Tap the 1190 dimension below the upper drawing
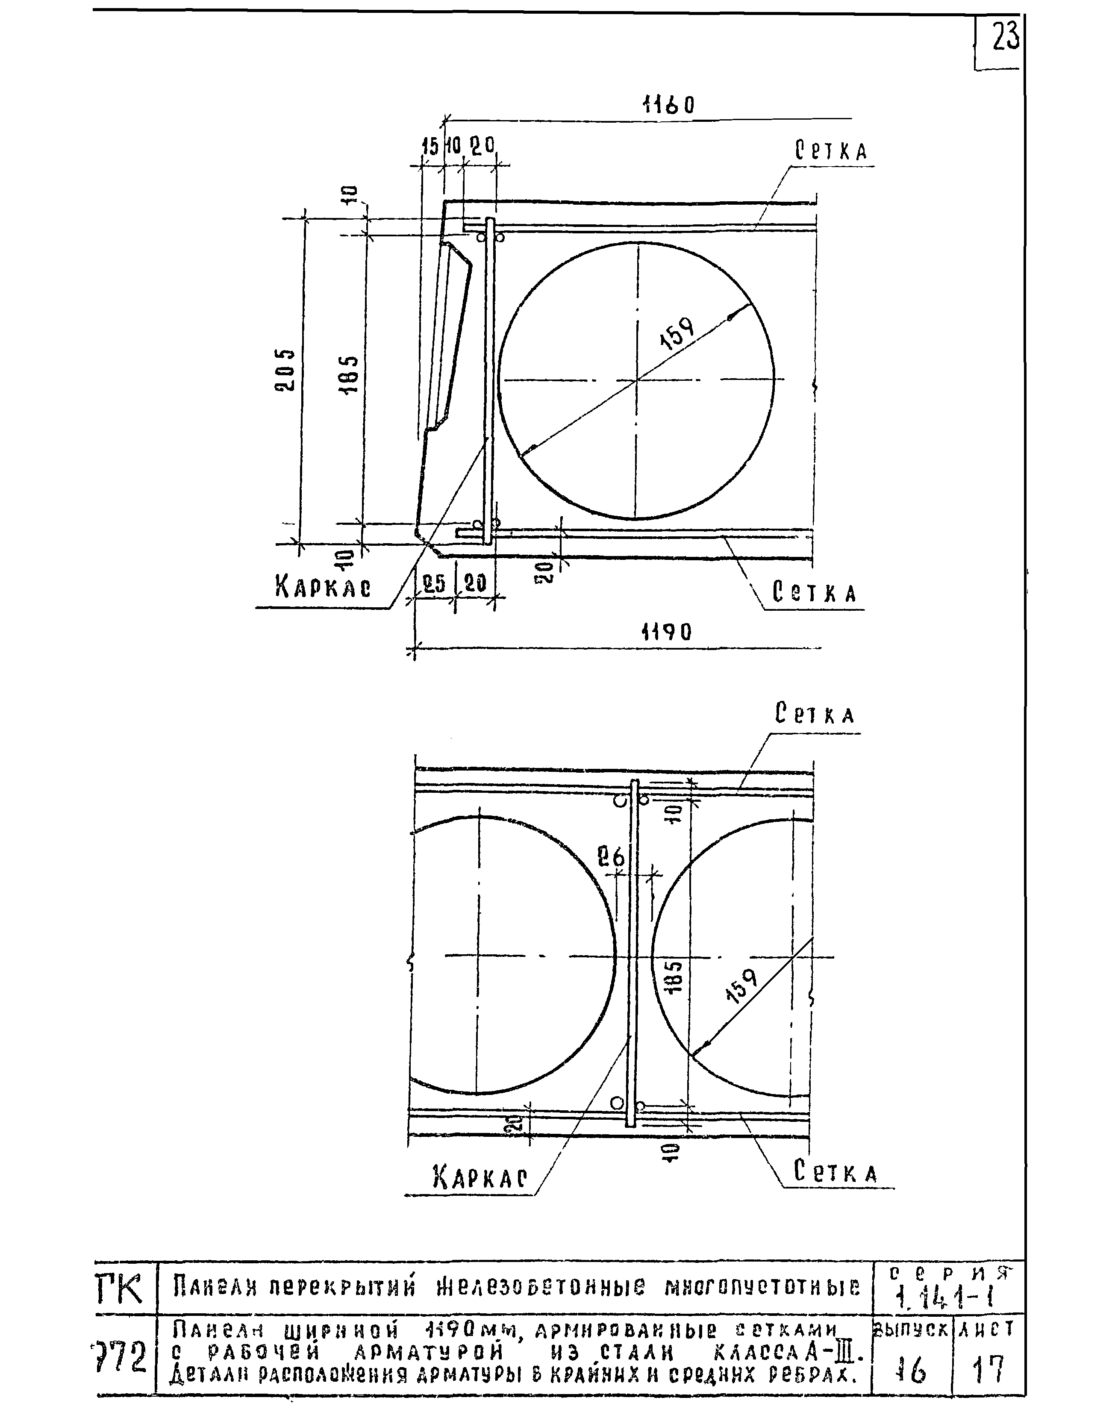(666, 631)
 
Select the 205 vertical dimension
(285, 370)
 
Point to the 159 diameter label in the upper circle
(678, 334)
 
